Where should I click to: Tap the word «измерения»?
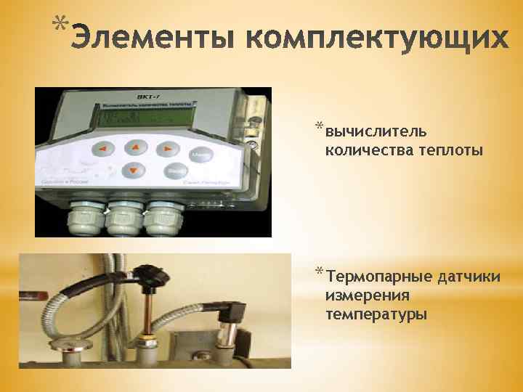(368, 295)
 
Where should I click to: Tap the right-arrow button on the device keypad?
(169, 149)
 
